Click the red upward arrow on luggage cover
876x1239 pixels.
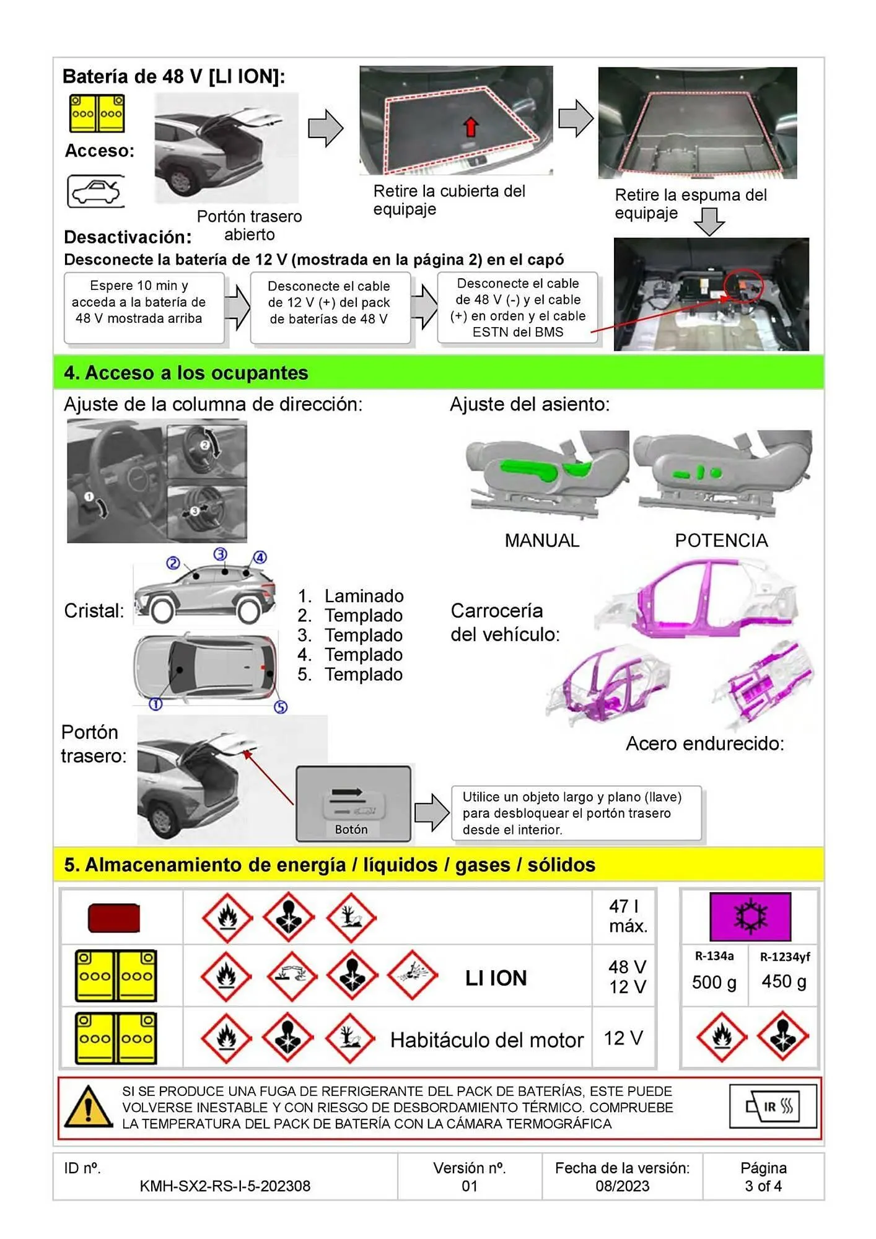pyautogui.click(x=471, y=127)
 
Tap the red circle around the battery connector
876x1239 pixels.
pyautogui.click(x=743, y=286)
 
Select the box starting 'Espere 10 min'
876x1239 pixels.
pyautogui.click(x=144, y=307)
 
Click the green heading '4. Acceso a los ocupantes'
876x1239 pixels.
pyautogui.click(x=186, y=373)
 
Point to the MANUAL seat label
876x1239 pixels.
pyautogui.click(x=541, y=540)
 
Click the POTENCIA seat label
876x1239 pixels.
pyautogui.click(x=721, y=540)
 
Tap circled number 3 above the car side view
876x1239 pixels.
pyautogui.click(x=220, y=554)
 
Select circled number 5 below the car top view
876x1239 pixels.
pyautogui.click(x=281, y=707)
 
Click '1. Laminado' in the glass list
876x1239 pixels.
pyautogui.click(x=351, y=596)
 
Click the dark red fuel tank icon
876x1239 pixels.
pyautogui.click(x=114, y=918)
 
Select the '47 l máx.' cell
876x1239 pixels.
pyautogui.click(x=627, y=916)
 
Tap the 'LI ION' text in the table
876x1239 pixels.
pyautogui.click(x=496, y=978)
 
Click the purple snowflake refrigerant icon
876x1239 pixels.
pyautogui.click(x=750, y=916)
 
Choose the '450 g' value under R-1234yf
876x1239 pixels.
pyautogui.click(x=784, y=982)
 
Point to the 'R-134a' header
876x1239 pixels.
pyautogui.click(x=714, y=956)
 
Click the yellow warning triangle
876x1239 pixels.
pyautogui.click(x=89, y=1108)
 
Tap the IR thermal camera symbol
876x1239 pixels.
pyautogui.click(x=773, y=1106)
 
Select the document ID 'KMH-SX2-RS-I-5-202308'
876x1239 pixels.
pyautogui.click(x=225, y=1186)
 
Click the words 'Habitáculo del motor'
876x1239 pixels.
pyautogui.click(x=486, y=1040)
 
